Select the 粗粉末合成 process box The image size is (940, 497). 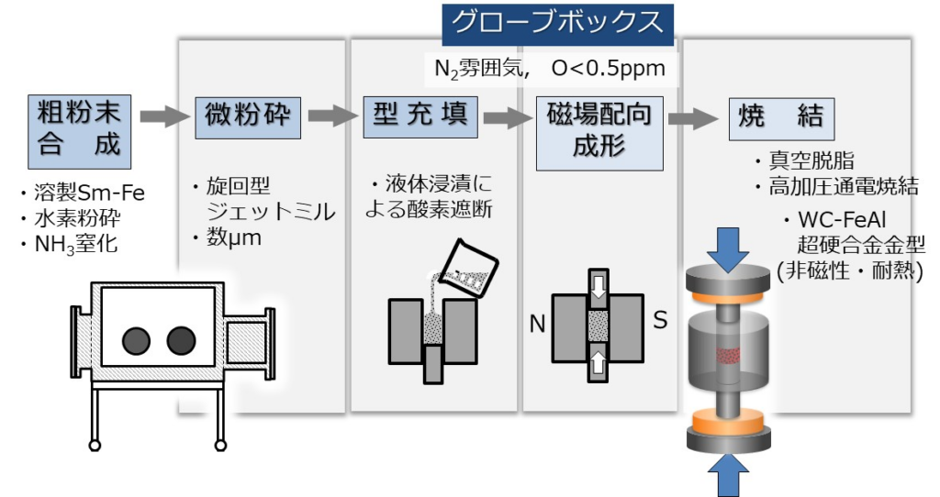[79, 131]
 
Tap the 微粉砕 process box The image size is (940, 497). [248, 117]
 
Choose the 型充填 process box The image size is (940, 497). [420, 116]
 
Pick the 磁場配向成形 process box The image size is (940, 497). [599, 133]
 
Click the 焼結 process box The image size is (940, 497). [781, 118]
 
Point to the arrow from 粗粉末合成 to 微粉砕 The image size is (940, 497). [163, 116]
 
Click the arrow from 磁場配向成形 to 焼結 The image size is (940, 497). [692, 118]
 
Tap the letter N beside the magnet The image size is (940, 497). [537, 324]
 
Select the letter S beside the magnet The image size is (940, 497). [660, 320]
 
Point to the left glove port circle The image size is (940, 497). [136, 340]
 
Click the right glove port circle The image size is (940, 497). [181, 340]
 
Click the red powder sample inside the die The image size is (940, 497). [728, 356]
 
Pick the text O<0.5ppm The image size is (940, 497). [609, 68]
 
